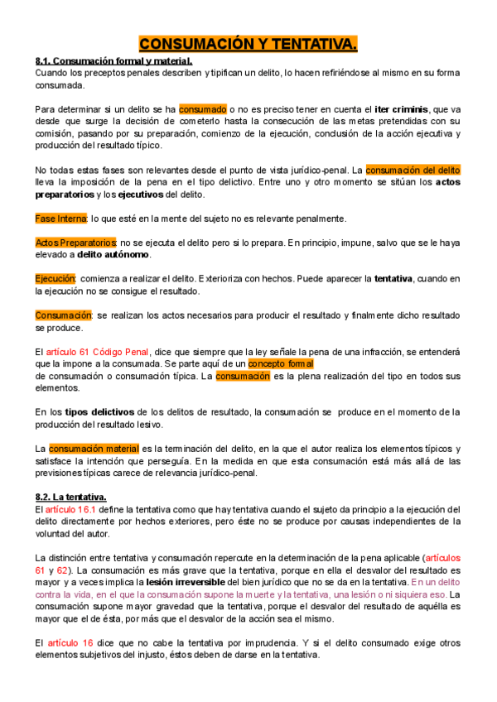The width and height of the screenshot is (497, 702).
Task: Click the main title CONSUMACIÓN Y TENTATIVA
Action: tap(248, 44)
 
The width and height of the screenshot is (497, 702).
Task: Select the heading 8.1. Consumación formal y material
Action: tap(113, 61)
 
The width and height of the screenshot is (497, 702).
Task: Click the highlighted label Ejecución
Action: tap(55, 279)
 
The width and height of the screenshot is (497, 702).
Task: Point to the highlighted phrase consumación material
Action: tap(94, 449)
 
